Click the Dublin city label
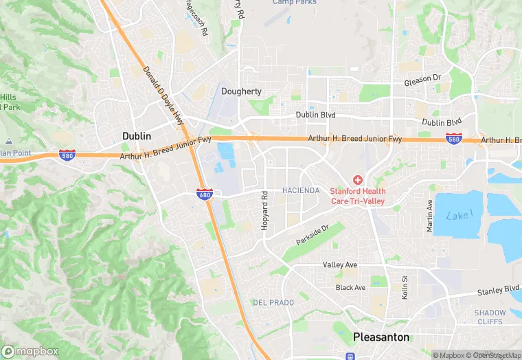point(136,136)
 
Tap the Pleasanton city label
point(381,337)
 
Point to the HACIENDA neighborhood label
point(301,190)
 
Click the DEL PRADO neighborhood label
point(273,302)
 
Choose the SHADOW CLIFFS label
point(490,317)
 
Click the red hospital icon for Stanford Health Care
point(358,179)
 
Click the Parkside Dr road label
point(313,235)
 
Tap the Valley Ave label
point(340,265)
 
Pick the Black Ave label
point(350,287)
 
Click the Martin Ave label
point(430,215)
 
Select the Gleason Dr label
point(422,80)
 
